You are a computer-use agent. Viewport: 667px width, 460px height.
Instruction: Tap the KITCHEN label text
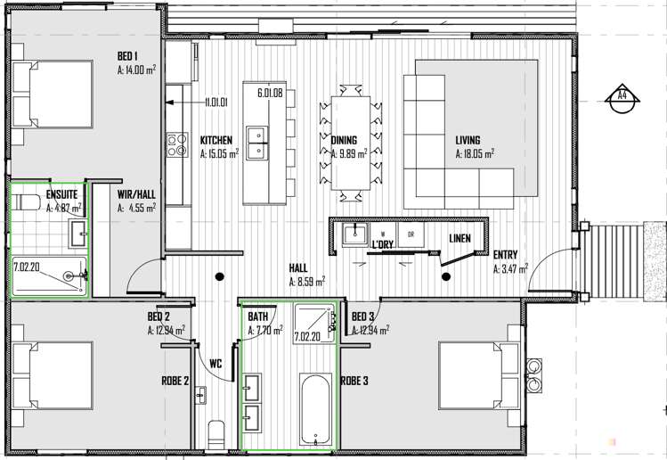pos(216,141)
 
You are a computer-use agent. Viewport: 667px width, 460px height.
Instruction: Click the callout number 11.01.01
pos(216,103)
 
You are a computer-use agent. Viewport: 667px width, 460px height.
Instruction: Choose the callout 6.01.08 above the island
pos(269,93)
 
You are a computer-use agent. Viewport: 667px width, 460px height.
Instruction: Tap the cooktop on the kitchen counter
pos(176,144)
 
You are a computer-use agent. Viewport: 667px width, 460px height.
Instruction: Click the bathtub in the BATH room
pos(315,409)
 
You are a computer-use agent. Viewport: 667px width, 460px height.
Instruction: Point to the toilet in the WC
pos(216,435)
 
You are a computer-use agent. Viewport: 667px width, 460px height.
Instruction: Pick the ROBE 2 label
pos(175,381)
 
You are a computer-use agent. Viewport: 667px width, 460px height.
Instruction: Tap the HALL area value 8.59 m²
pos(306,282)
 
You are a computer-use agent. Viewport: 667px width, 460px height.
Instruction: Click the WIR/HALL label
pos(136,194)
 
